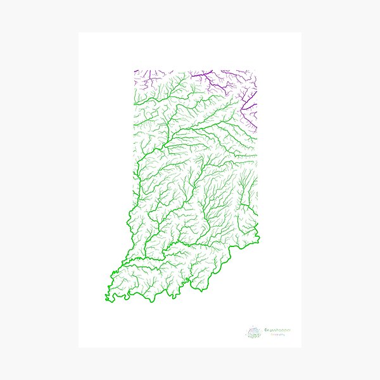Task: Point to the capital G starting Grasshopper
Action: [265, 330]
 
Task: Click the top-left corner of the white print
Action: [79, 33]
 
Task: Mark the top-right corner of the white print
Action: [301, 33]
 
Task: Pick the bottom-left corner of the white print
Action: [79, 346]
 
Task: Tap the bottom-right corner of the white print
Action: [301, 346]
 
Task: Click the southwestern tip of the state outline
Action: [106, 296]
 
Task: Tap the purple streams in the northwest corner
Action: [142, 79]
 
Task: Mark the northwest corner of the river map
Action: [134, 70]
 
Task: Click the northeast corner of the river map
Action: [256, 70]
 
